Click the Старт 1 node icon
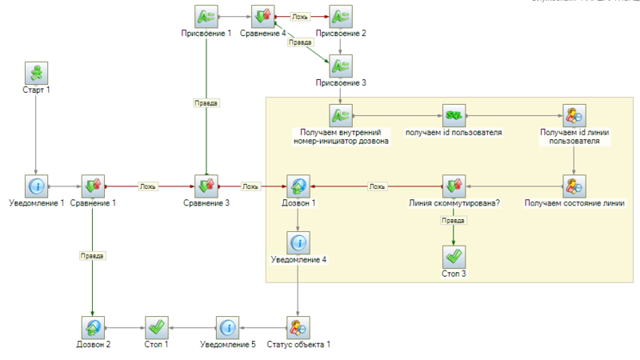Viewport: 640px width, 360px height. point(36,74)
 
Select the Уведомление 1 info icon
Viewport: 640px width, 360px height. point(36,186)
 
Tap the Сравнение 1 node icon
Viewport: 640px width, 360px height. point(93,186)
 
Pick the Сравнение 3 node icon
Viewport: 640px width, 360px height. point(206,186)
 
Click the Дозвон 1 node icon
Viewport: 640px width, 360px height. point(298,186)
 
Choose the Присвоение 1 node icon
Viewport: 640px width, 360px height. point(206,15)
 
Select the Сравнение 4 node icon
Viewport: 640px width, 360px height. point(262,15)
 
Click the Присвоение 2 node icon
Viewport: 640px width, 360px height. point(342,15)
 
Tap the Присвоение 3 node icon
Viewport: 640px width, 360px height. point(342,65)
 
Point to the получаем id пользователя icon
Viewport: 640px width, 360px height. point(454,114)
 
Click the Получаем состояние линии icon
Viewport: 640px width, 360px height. point(574,186)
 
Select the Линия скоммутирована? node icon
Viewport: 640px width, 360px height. point(454,186)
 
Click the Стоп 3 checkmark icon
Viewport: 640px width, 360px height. point(454,257)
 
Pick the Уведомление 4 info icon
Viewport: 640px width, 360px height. point(298,242)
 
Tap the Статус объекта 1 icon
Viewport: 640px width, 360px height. point(298,327)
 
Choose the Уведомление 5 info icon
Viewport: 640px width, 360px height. point(227,327)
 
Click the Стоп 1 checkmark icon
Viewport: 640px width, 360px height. point(157,327)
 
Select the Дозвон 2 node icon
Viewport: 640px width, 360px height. point(93,327)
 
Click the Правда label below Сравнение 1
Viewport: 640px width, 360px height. point(93,256)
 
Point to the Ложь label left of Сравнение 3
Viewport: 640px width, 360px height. point(148,186)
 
